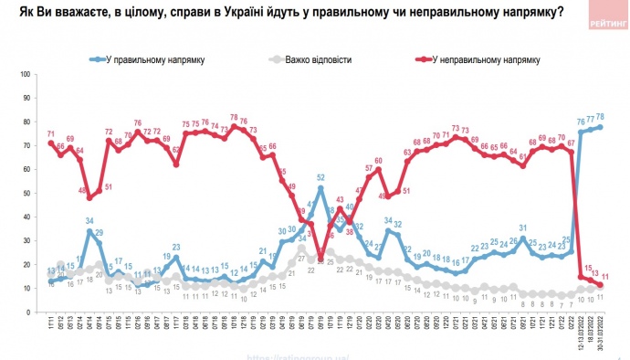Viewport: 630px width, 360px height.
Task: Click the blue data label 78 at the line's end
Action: tap(601, 117)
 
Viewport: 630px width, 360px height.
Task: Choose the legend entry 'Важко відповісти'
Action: tap(317, 59)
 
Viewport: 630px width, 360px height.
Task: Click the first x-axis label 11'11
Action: tap(49, 323)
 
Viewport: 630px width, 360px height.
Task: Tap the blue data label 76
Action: tap(581, 121)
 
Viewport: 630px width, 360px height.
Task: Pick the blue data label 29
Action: tap(99, 232)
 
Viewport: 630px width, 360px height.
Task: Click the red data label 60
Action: tap(379, 161)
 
